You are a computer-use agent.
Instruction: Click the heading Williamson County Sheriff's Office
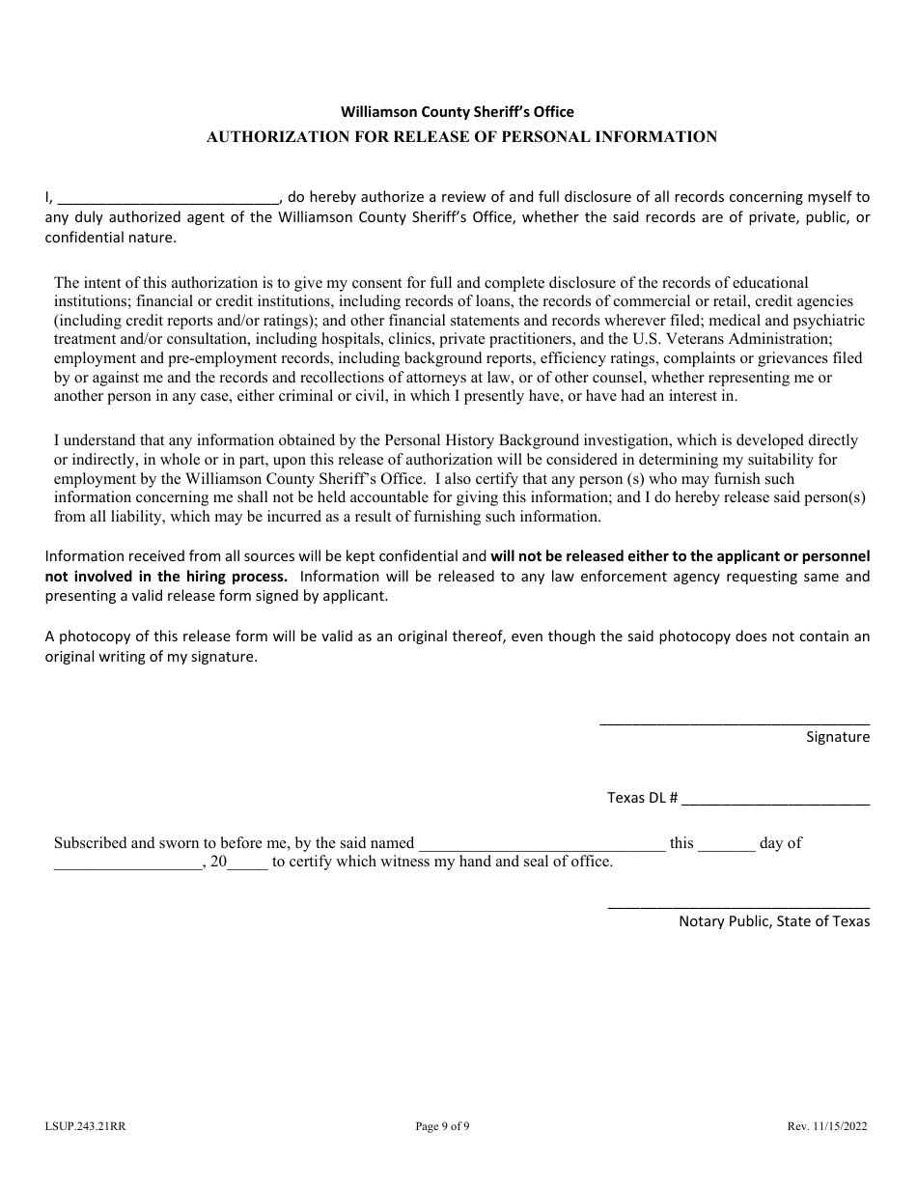[x=457, y=112]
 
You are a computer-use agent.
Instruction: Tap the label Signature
[x=838, y=737]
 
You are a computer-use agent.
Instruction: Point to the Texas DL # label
[x=642, y=799]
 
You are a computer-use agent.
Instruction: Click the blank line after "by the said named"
[x=542, y=849]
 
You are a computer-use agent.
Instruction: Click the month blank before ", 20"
[x=127, y=867]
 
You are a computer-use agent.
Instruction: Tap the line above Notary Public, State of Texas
[x=738, y=907]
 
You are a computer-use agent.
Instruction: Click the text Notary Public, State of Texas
[x=774, y=921]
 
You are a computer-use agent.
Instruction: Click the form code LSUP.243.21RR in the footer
[x=85, y=1125]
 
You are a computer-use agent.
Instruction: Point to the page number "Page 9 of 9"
[x=442, y=1125]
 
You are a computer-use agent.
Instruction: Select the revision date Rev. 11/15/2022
[x=826, y=1125]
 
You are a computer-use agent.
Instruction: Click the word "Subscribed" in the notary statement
[x=90, y=843]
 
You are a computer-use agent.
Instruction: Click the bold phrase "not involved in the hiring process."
[x=166, y=577]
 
